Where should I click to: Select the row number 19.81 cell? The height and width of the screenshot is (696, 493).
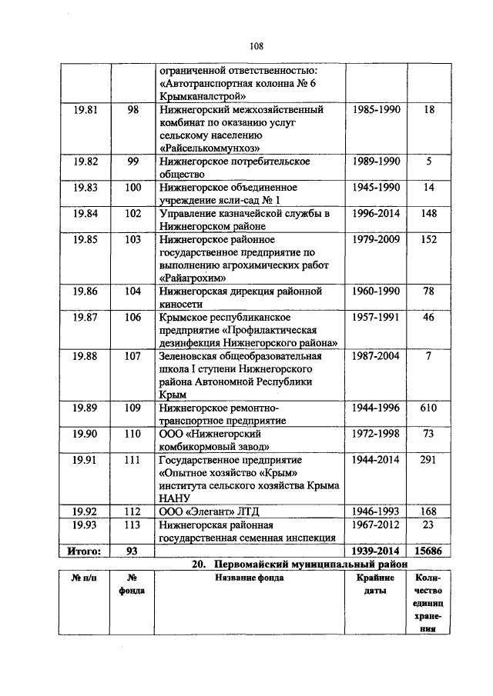[86, 110]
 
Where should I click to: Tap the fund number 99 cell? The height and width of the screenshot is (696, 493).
[132, 162]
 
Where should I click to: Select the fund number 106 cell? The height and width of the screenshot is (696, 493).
[132, 318]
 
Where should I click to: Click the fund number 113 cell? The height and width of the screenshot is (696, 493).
[132, 524]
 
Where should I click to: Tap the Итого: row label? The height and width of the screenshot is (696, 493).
[86, 551]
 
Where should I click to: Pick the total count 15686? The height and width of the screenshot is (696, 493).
[429, 551]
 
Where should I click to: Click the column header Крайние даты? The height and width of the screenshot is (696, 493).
[375, 584]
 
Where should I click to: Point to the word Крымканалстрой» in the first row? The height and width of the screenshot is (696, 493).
[203, 96]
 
